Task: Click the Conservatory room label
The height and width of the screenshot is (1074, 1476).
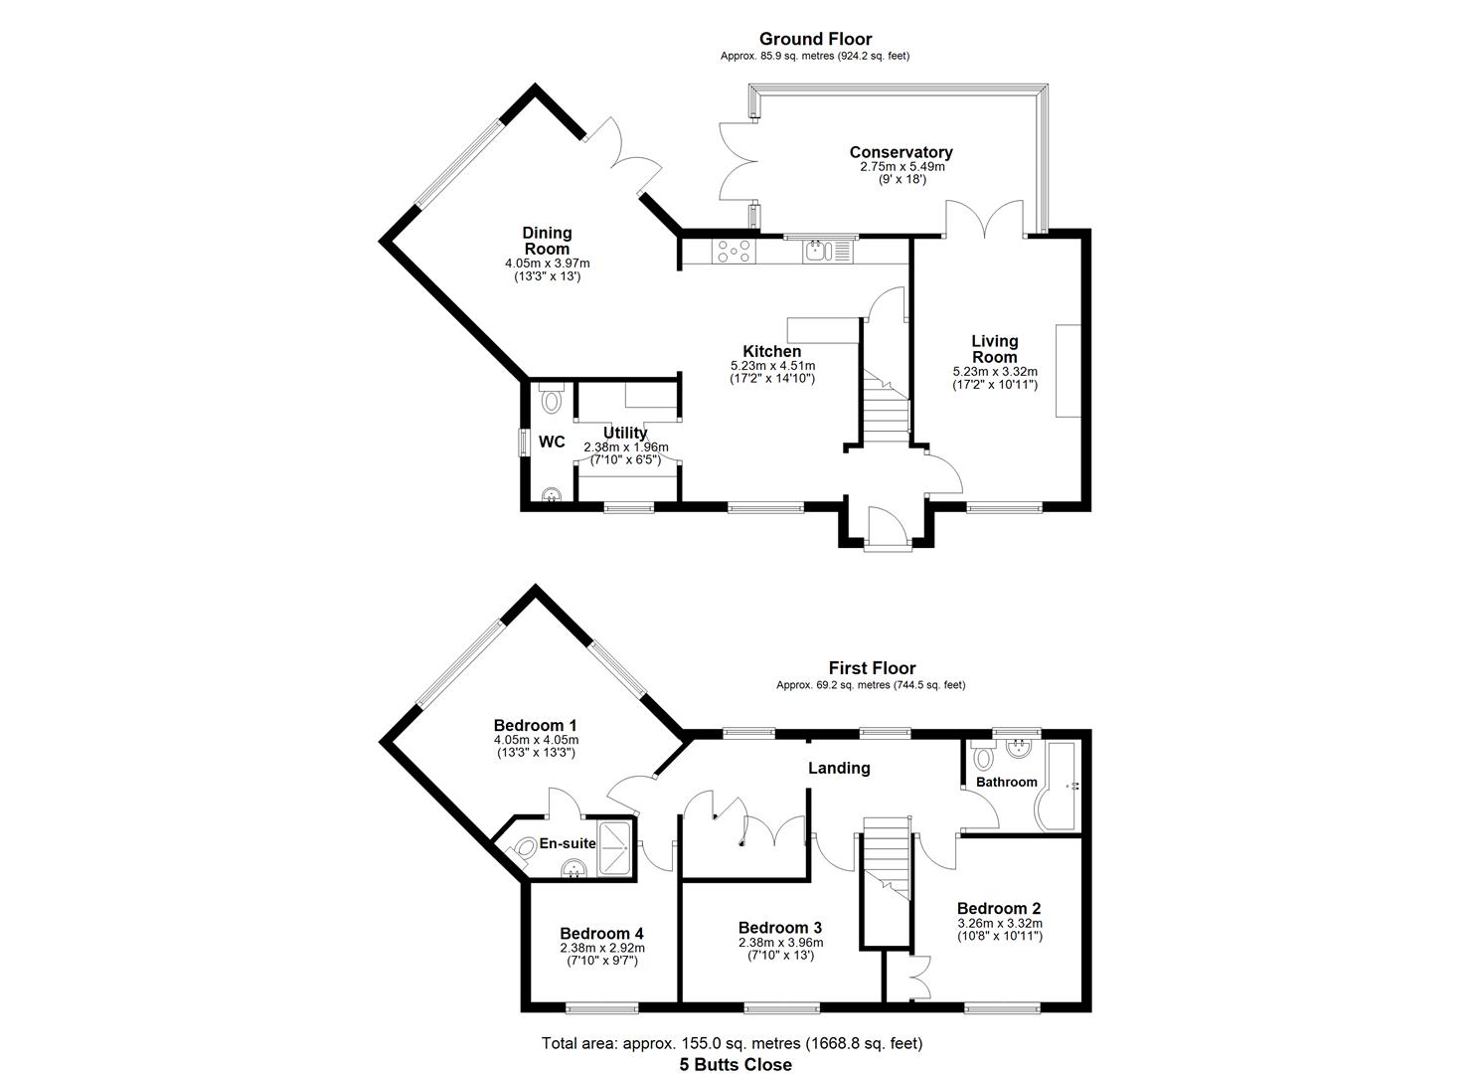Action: (901, 152)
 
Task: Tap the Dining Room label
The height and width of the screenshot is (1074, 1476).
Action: (547, 241)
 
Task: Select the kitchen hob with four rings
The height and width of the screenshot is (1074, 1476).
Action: (734, 252)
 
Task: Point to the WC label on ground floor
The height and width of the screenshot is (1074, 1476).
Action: (552, 442)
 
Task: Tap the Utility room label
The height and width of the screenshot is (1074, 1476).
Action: (625, 433)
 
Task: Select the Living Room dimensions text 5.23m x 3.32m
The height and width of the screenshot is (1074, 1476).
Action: (994, 372)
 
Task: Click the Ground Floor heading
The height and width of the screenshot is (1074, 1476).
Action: (815, 39)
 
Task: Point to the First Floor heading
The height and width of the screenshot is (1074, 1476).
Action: (872, 668)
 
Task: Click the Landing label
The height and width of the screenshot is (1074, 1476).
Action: (839, 768)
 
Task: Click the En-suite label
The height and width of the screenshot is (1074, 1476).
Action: (568, 843)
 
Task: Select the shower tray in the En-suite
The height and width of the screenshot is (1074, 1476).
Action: (615, 848)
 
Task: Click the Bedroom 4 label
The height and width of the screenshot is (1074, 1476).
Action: (601, 933)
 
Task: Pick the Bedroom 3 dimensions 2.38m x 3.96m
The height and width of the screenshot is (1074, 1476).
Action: (780, 943)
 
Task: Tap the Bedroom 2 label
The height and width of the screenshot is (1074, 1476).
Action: (999, 908)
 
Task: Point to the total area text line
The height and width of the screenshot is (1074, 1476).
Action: (732, 1043)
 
